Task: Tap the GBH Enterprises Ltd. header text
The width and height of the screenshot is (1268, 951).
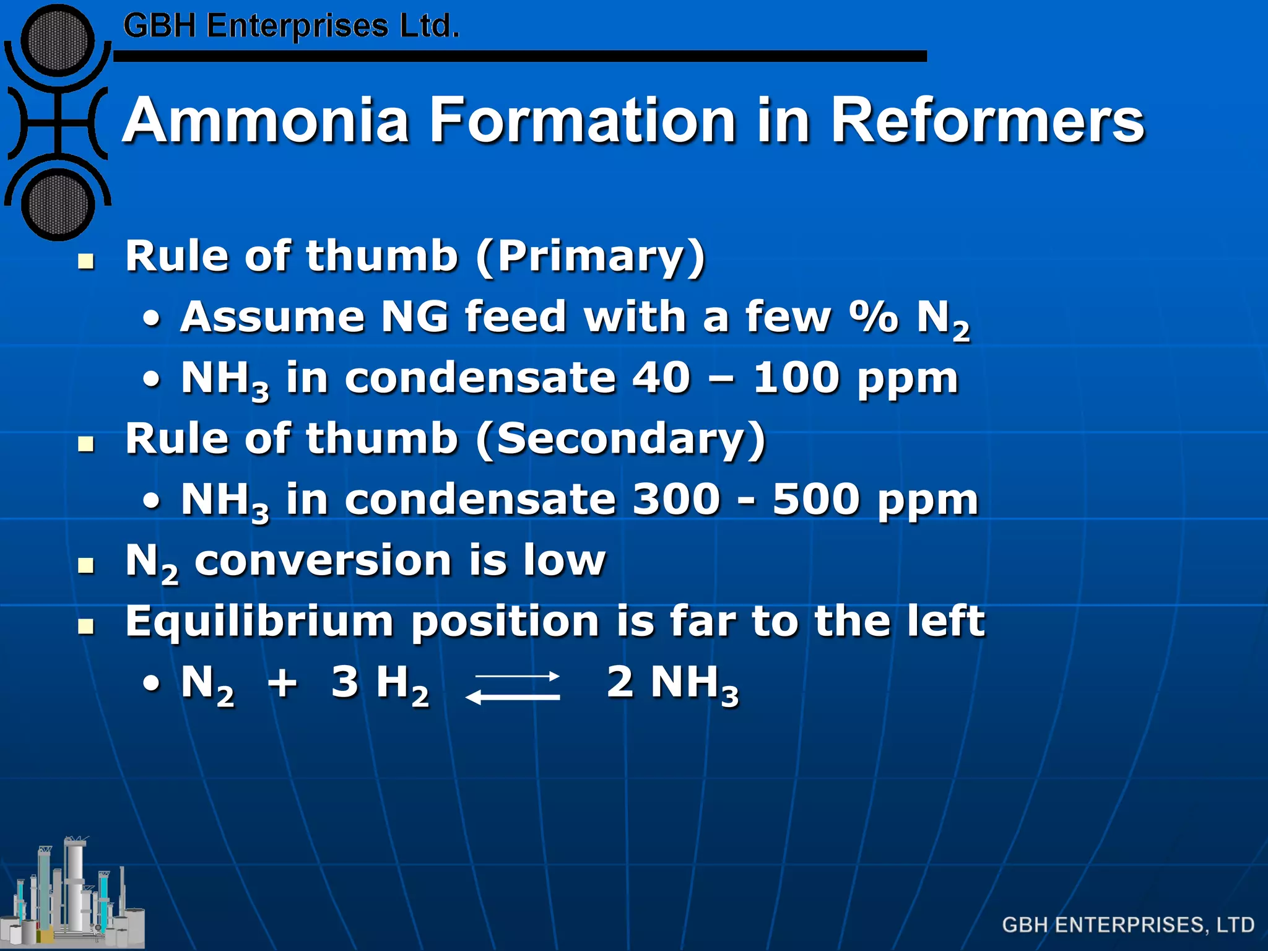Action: pyautogui.click(x=291, y=27)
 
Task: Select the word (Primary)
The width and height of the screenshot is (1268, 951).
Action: pyautogui.click(x=591, y=256)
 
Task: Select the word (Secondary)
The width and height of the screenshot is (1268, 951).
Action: pyautogui.click(x=622, y=439)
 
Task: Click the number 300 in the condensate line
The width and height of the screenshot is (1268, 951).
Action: pyautogui.click(x=676, y=499)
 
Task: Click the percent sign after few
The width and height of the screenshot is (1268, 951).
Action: pyautogui.click(x=873, y=317)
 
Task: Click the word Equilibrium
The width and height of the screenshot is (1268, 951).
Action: pyautogui.click(x=259, y=622)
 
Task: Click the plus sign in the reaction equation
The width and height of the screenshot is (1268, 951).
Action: pyautogui.click(x=282, y=683)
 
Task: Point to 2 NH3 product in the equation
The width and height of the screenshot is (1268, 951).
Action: pyautogui.click(x=672, y=684)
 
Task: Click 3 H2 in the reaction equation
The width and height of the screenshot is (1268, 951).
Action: pyautogui.click(x=380, y=684)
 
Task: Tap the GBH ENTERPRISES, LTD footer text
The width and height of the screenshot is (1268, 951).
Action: pyautogui.click(x=1127, y=925)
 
